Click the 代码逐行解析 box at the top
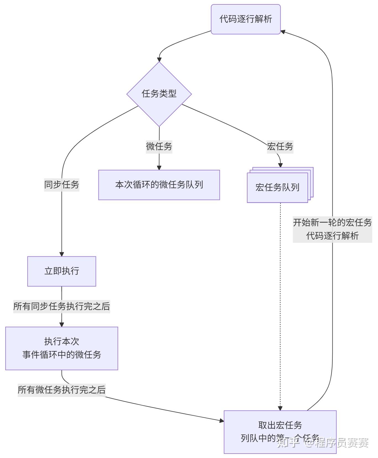point(246,19)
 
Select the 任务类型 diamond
point(159,94)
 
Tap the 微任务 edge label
point(159,146)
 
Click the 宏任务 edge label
point(280,146)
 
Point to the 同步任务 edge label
point(62,184)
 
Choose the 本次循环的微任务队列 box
point(159,185)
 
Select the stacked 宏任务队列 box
point(277,188)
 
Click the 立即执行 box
point(62,271)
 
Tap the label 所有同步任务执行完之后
point(62,306)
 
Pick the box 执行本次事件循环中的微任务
point(62,348)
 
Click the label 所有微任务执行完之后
point(62,390)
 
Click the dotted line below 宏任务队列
point(280,304)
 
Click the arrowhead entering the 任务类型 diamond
point(159,59)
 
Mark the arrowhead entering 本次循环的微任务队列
point(159,168)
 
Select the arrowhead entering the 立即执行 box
point(62,254)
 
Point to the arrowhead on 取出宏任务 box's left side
point(221,421)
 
